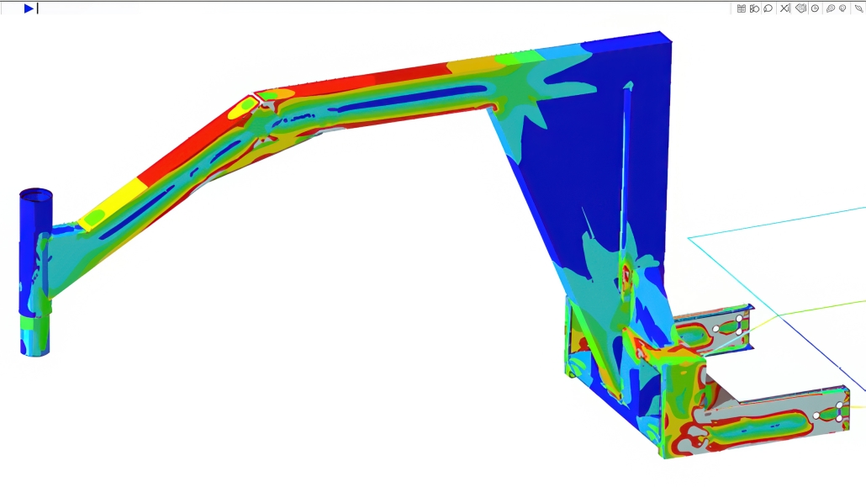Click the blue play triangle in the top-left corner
[x=28, y=8]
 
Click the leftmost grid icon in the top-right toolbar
[x=741, y=8]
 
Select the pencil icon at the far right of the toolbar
[x=858, y=8]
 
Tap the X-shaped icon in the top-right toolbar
[x=784, y=8]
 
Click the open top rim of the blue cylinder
[x=36, y=193]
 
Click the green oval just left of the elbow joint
[x=242, y=107]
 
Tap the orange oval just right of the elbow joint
[x=279, y=94]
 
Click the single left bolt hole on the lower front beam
[x=816, y=416]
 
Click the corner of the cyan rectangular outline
[x=689, y=239]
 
